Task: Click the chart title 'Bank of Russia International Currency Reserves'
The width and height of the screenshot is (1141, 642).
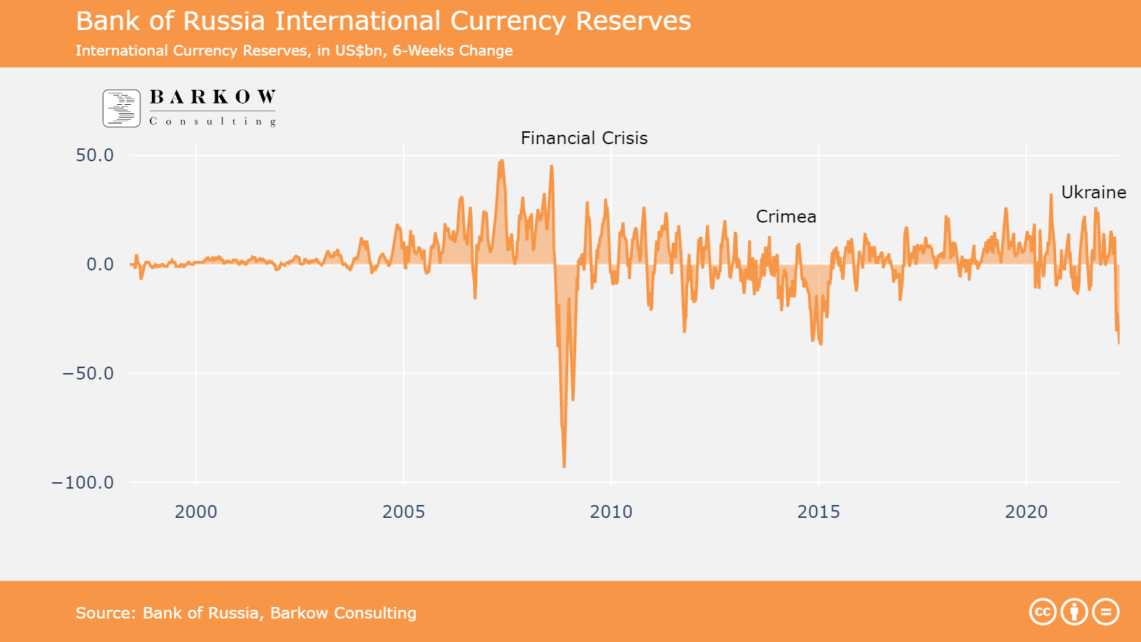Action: (x=383, y=21)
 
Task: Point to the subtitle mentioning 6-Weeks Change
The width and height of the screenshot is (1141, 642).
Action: (x=294, y=51)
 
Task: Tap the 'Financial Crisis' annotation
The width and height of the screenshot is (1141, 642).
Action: (x=584, y=138)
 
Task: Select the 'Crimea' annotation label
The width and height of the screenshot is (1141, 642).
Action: (x=786, y=217)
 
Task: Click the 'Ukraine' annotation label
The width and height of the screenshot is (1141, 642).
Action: (x=1093, y=193)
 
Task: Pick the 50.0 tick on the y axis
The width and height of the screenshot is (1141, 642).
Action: (x=95, y=156)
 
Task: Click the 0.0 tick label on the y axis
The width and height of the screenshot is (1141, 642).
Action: (x=100, y=265)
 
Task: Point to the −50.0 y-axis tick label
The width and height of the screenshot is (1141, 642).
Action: (x=88, y=374)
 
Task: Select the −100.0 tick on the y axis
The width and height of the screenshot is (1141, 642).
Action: (x=83, y=483)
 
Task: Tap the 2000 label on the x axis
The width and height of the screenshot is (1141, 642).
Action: (x=196, y=511)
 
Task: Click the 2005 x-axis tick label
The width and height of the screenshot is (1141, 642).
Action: (x=404, y=511)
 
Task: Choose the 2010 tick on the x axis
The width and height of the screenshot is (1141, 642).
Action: (x=611, y=511)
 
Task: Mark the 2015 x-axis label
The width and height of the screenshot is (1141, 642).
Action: (x=819, y=511)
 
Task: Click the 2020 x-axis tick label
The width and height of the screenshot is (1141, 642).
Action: (x=1026, y=511)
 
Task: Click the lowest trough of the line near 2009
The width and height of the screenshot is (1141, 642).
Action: (x=564, y=467)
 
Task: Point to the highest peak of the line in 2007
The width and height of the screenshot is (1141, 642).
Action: (x=502, y=160)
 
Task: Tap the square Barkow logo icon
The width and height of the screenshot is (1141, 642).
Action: (x=121, y=108)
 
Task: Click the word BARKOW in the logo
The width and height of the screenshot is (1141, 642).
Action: (x=213, y=97)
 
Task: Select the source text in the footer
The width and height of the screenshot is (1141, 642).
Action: (x=246, y=613)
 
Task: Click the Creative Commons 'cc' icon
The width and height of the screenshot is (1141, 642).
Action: (x=1043, y=612)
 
